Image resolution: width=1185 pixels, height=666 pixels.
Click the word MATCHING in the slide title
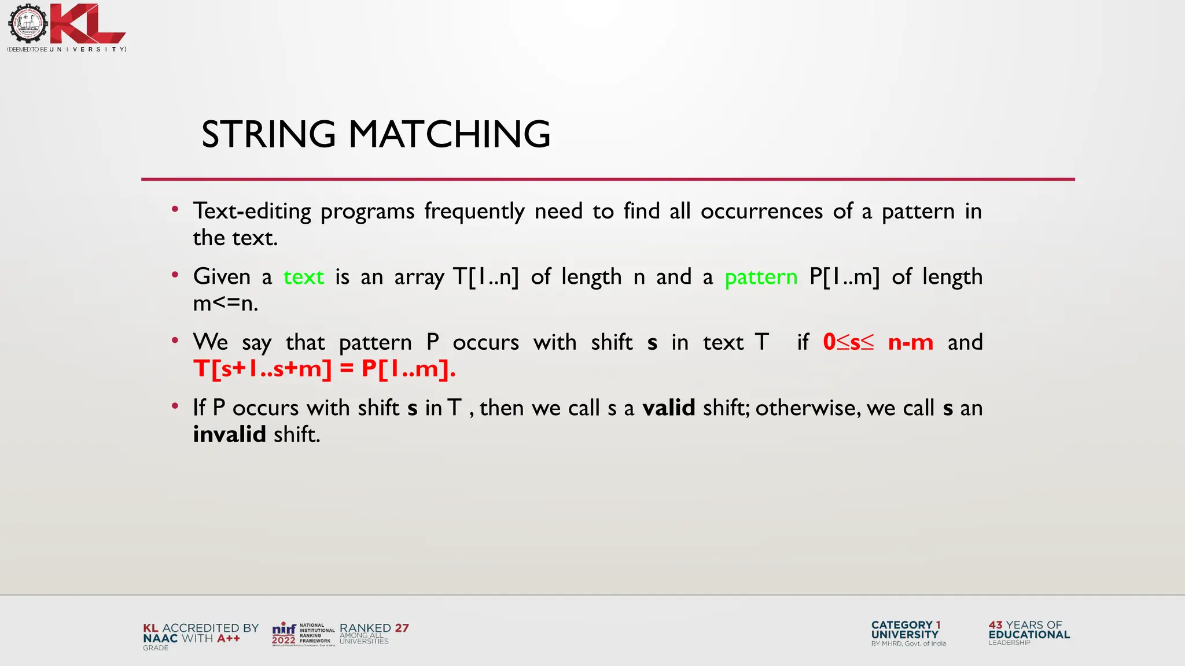tap(449, 134)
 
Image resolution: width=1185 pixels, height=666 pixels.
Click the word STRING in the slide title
tap(268, 134)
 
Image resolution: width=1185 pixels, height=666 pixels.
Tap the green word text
tap(303, 277)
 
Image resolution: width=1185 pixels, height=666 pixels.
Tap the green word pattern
tap(761, 277)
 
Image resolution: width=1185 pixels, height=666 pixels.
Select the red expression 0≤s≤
tap(848, 342)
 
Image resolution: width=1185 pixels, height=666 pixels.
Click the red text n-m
tap(910, 342)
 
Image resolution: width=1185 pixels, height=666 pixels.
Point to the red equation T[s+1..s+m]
tap(263, 369)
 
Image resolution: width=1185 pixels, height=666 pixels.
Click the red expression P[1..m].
tap(408, 369)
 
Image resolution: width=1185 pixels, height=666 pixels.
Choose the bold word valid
tap(668, 408)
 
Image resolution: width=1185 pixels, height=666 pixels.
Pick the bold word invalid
tap(229, 434)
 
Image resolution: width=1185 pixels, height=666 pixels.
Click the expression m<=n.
tap(225, 304)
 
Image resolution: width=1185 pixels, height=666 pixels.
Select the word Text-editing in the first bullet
tap(252, 212)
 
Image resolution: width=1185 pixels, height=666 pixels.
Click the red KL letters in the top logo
tap(87, 24)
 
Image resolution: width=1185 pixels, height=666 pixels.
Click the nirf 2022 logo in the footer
tap(284, 634)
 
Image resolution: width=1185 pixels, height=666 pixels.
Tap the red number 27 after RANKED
tap(402, 628)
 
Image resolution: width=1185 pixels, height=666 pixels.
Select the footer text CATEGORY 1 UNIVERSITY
tap(906, 630)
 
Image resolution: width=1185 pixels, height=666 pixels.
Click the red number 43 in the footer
tap(995, 625)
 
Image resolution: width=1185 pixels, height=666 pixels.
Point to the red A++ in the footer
tap(229, 638)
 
